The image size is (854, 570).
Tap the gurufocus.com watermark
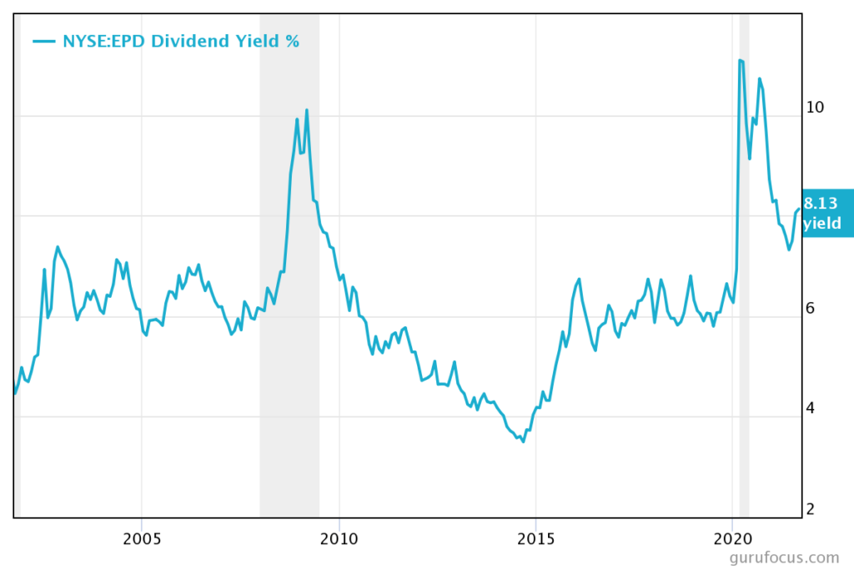783,557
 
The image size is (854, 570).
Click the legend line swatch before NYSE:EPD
44,40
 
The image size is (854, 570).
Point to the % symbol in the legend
292,40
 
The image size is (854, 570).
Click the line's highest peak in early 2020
741,60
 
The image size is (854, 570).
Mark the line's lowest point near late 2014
523,441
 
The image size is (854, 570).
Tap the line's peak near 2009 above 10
307,110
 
